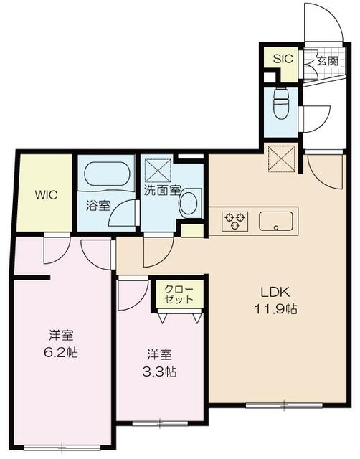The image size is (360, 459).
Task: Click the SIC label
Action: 283,59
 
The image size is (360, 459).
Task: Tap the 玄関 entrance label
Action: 328,61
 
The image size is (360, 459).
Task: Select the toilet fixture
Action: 282,103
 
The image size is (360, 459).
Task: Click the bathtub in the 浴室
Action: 107,174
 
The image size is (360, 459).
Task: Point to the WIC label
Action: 46,195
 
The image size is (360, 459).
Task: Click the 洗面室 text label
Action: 162,191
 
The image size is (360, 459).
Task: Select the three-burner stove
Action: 235,221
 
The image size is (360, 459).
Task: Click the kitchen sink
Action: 275,221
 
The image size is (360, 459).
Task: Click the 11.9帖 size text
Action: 275,309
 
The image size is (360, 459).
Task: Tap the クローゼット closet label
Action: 179,294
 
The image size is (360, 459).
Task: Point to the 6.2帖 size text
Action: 61,353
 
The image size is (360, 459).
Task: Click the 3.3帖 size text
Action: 159,372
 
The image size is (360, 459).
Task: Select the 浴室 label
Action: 98,206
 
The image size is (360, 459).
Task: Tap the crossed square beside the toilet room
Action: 281,157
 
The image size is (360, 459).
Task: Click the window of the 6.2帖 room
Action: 62,448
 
